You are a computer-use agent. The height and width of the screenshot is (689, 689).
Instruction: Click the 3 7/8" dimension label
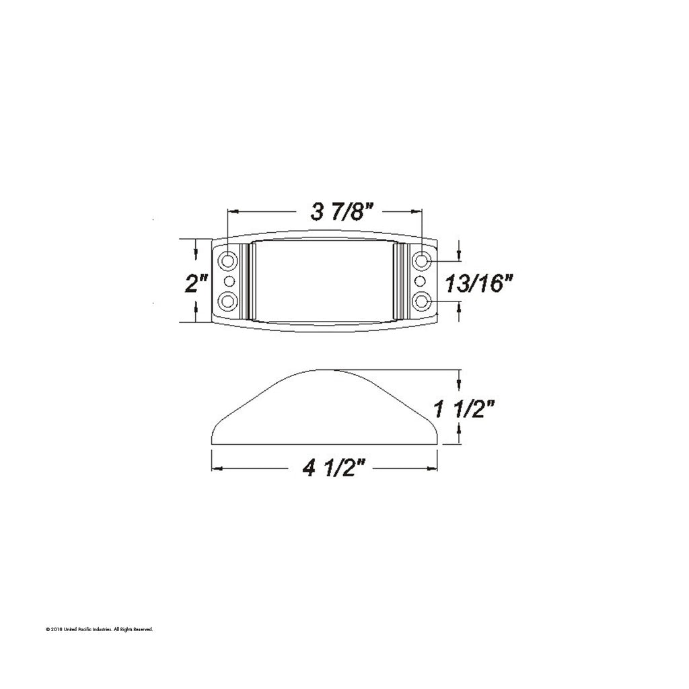coord(338,212)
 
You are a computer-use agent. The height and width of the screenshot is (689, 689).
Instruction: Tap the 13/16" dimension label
coord(479,283)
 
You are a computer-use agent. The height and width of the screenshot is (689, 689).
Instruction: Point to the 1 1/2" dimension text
coord(464,409)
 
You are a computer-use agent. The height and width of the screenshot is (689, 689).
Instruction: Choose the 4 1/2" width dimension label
coord(328,469)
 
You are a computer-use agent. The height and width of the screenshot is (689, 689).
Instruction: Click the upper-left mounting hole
coord(228,260)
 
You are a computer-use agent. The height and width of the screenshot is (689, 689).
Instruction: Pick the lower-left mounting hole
coord(228,301)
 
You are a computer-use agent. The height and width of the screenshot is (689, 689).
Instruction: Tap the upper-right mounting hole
coord(422,260)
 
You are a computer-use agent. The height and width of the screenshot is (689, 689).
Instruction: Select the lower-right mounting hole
coord(422,301)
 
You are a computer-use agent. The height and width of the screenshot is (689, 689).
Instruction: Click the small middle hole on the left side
coord(229,281)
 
